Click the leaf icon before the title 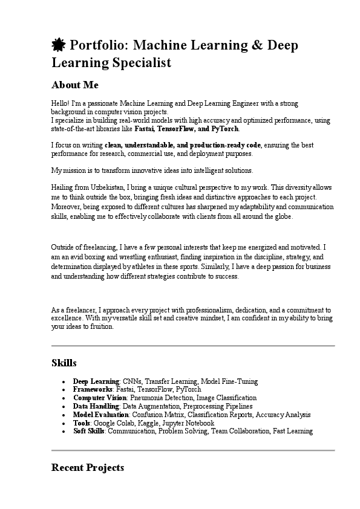click(x=59, y=45)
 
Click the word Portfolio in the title click(x=97, y=45)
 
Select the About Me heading click(x=75, y=85)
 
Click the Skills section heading click(x=64, y=363)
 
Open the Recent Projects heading click(x=88, y=468)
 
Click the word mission click(x=76, y=170)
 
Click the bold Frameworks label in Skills click(x=93, y=390)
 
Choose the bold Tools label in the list click(x=82, y=423)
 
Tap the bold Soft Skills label click(x=88, y=432)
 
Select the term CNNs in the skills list click(x=131, y=382)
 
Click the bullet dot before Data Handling click(x=64, y=407)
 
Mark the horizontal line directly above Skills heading click(x=193, y=346)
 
